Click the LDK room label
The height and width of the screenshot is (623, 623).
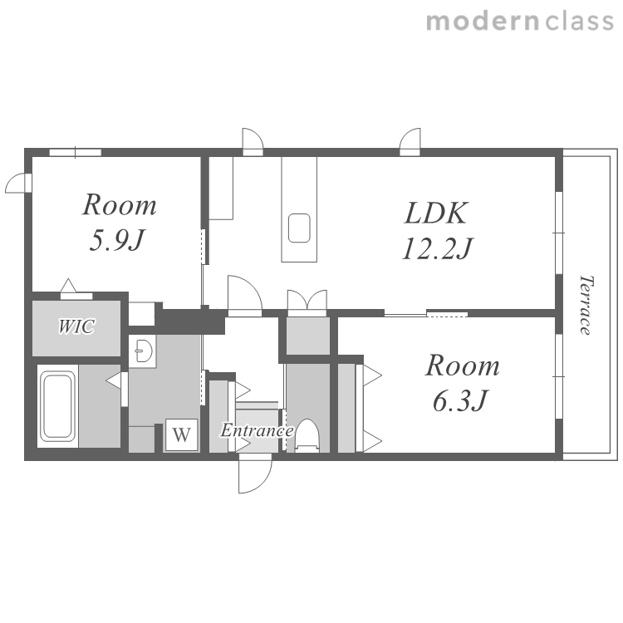[436, 213]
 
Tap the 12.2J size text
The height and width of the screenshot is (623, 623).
[437, 248]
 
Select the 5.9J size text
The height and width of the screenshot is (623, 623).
[115, 240]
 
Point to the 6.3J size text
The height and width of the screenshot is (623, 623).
[459, 400]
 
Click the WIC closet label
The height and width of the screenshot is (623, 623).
[76, 326]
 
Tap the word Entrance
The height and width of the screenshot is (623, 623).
[257, 430]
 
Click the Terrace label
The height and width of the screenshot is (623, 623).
[586, 305]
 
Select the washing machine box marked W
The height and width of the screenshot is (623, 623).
[182, 434]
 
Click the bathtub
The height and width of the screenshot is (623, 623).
[58, 406]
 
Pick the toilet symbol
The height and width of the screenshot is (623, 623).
[307, 436]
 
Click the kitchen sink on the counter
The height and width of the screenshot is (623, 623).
[299, 228]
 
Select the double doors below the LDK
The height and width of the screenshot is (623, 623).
[307, 302]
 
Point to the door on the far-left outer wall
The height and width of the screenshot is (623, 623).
[18, 184]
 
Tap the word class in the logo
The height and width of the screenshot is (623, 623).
[579, 21]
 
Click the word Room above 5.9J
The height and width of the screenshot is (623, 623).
[119, 205]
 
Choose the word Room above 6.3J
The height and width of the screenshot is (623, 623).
[463, 365]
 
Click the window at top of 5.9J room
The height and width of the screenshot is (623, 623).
[75, 152]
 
